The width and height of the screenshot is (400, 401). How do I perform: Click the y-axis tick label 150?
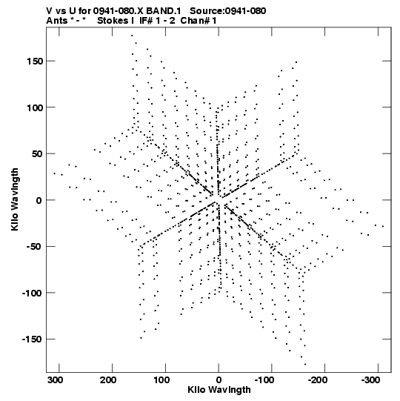click(x=35, y=62)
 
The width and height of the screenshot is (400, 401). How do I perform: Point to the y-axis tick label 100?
click(x=35, y=108)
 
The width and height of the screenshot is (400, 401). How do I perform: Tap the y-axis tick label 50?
click(x=37, y=154)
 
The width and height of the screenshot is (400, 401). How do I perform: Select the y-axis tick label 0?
click(x=39, y=200)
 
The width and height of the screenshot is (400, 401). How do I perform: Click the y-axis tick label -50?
click(x=35, y=247)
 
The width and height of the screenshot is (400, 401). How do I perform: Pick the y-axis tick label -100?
click(x=32, y=294)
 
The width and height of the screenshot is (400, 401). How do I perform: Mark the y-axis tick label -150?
click(x=32, y=339)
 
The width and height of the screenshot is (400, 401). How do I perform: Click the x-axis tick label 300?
click(x=56, y=380)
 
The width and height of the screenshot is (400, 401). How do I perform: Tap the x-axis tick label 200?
click(x=108, y=380)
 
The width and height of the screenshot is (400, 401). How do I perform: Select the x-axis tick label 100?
click(x=161, y=380)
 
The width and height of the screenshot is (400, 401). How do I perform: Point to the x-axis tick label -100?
click(x=264, y=380)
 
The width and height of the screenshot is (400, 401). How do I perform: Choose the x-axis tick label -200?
click(x=318, y=380)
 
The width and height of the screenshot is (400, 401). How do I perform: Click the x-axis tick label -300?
click(x=371, y=380)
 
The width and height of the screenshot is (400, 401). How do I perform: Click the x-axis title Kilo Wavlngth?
click(x=219, y=391)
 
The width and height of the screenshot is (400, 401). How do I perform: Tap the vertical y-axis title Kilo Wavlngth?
click(x=15, y=199)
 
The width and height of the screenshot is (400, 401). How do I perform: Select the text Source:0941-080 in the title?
click(x=228, y=11)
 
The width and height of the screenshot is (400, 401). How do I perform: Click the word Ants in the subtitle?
click(x=57, y=21)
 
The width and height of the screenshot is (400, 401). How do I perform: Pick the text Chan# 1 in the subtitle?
click(x=199, y=21)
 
